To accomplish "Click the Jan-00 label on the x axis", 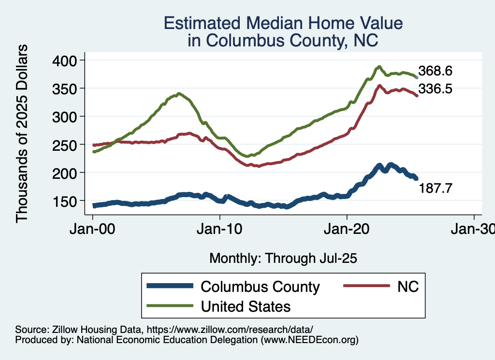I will pos(92,229).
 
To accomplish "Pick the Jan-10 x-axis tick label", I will pos(220,229).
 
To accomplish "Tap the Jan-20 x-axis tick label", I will pos(347,229).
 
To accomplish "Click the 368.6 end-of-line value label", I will pos(435,71).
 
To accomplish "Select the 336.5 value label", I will pos(435,89).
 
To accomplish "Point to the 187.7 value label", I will pos(435,188).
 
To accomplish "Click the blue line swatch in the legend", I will pos(169,286).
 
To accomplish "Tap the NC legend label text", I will pos(408,287).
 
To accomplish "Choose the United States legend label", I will pos(246,306).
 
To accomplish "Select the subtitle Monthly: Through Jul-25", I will pos(283,259).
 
